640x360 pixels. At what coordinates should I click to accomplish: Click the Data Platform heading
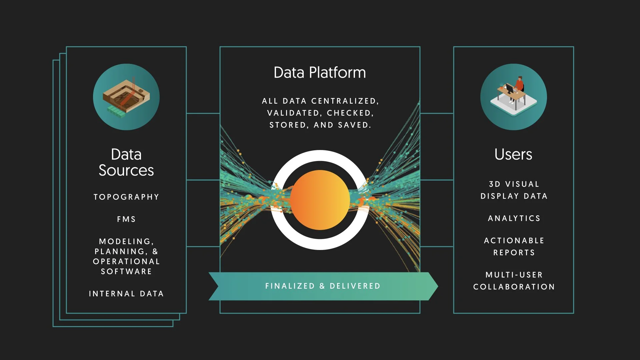pyautogui.click(x=320, y=73)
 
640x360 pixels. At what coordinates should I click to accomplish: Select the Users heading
pyautogui.click(x=513, y=154)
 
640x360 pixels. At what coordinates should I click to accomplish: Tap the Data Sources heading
pyautogui.click(x=126, y=162)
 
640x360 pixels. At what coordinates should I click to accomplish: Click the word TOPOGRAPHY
pyautogui.click(x=126, y=197)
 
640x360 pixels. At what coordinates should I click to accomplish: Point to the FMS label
pyautogui.click(x=126, y=219)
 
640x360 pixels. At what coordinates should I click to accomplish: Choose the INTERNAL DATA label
pyautogui.click(x=126, y=294)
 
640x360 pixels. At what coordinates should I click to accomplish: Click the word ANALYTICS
pyautogui.click(x=514, y=218)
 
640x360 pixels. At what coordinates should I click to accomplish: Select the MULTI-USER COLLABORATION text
pyautogui.click(x=514, y=281)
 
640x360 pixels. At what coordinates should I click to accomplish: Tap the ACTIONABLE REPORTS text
pyautogui.click(x=514, y=246)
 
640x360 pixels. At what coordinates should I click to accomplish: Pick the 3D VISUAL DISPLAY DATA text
pyautogui.click(x=514, y=190)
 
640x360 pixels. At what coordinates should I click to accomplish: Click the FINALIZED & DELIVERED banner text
pyautogui.click(x=323, y=286)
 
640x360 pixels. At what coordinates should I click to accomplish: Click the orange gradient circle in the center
pyautogui.click(x=320, y=200)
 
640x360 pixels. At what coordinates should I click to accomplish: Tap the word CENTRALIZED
pyautogui.click(x=345, y=101)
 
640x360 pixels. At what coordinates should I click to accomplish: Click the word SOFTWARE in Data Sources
pyautogui.click(x=126, y=271)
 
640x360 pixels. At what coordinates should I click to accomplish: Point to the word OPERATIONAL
pyautogui.click(x=126, y=261)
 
